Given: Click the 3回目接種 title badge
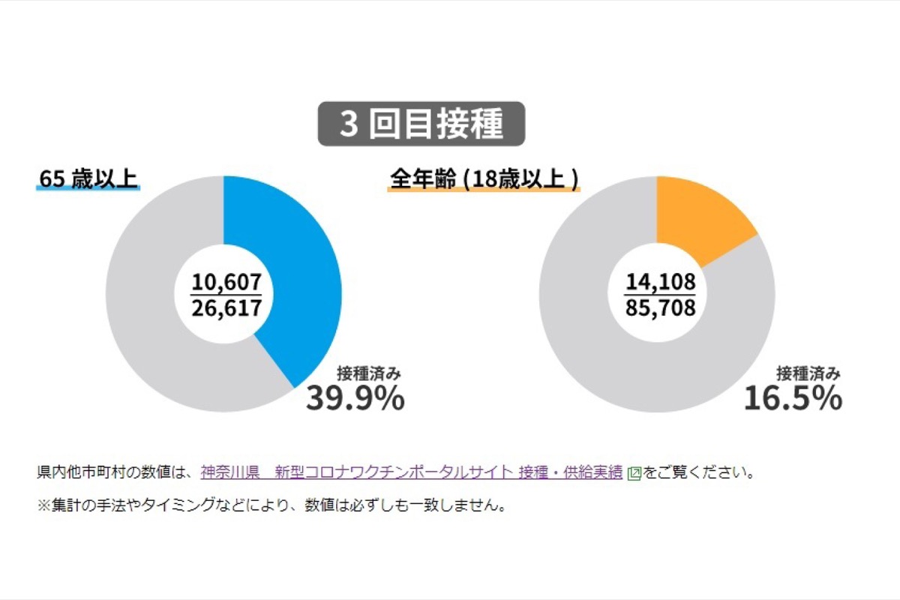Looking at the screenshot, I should point(421,124).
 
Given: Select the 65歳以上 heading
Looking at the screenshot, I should point(88,179).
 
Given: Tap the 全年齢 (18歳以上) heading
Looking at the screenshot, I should point(484,180).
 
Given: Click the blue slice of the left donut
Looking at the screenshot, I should point(300,285).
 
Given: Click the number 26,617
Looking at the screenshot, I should point(226,307).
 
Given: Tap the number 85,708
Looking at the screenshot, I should point(661,307).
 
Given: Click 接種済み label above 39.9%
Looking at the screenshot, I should point(370,373).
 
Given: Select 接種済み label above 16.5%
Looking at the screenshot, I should point(808,373).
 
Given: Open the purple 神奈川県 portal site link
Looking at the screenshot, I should point(411,472).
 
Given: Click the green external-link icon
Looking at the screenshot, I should point(634,473).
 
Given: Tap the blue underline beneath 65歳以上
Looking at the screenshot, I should point(88,190).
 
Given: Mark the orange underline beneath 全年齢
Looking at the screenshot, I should point(484,190).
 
